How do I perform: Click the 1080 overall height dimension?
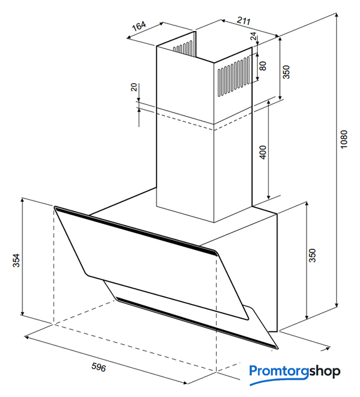(344, 140)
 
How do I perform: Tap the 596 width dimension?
(98, 367)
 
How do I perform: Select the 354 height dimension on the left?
(17, 261)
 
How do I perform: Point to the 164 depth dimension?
(139, 25)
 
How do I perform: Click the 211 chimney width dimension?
(243, 20)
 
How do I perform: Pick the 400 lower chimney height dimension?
(263, 153)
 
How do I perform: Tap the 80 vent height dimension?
(263, 66)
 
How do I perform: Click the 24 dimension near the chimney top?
(254, 36)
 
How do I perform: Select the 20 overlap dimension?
(134, 87)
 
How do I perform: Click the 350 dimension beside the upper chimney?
(286, 72)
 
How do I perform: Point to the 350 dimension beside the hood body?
(313, 256)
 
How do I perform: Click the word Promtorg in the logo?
(279, 372)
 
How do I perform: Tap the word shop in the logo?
(325, 372)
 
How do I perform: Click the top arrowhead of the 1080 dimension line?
(336, 15)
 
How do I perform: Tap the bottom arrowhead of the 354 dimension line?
(22, 313)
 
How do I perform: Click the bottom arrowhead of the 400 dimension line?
(269, 197)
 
